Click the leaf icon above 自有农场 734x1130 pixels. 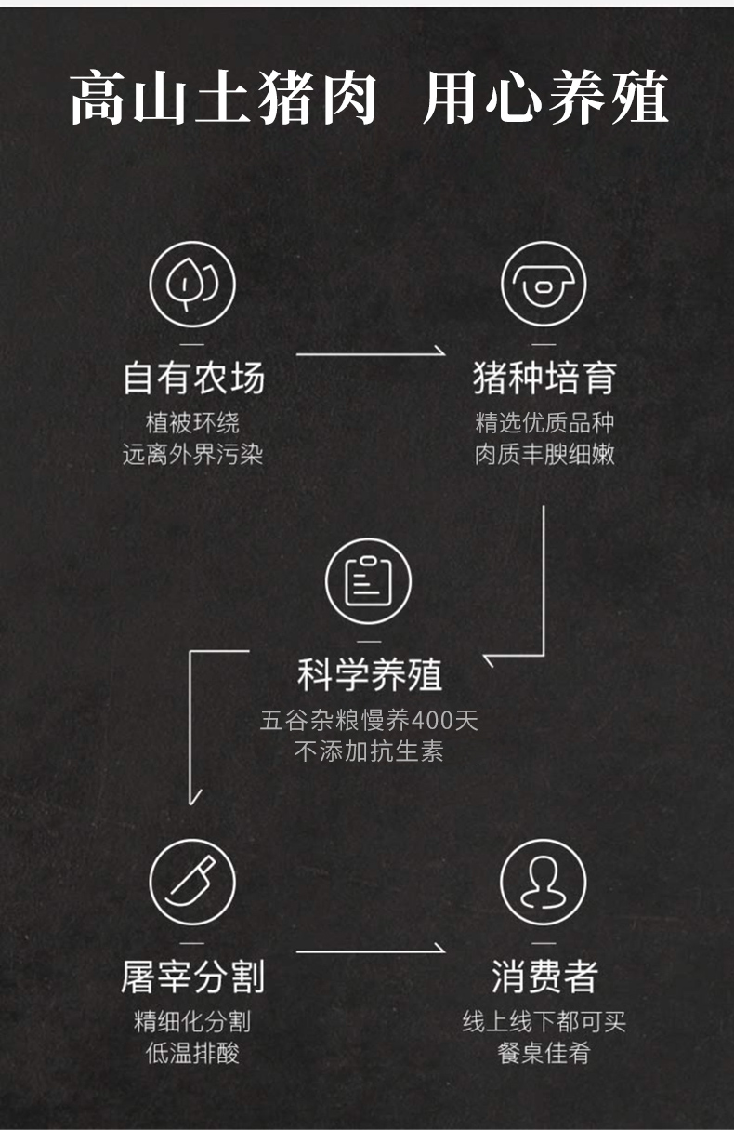[x=192, y=283]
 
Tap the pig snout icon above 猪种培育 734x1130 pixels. [x=544, y=283]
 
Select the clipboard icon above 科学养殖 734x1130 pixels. [x=368, y=582]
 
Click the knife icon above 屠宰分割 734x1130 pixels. [x=192, y=881]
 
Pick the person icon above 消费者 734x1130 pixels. [x=544, y=881]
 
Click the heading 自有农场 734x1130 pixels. [x=193, y=379]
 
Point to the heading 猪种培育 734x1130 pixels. [x=544, y=379]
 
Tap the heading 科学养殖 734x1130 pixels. [x=369, y=676]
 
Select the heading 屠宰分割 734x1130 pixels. [x=193, y=977]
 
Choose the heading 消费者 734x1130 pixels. [x=544, y=977]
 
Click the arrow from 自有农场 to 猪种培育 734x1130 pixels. [x=370, y=353]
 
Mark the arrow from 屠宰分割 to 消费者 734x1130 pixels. [x=370, y=951]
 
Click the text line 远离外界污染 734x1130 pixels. [x=193, y=455]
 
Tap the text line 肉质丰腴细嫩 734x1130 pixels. [x=544, y=455]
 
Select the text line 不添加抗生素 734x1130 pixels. [x=369, y=751]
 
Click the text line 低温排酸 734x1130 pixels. [x=193, y=1053]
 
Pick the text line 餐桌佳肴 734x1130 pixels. [x=544, y=1053]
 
